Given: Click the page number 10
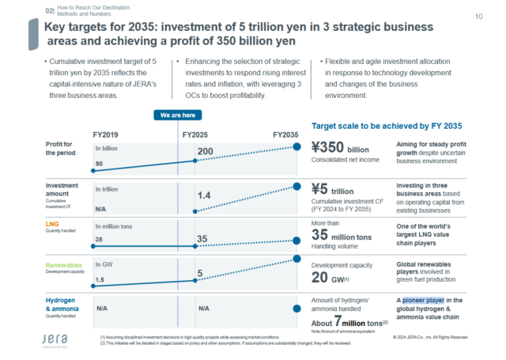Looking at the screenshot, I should (x=479, y=17).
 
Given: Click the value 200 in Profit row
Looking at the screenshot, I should (x=206, y=151).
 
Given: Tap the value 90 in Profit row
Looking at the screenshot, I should (x=100, y=164).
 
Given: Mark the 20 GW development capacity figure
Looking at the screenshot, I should (x=330, y=277).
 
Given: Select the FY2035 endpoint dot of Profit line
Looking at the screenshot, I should (x=297, y=146).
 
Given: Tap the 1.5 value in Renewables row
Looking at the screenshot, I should (x=100, y=280).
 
